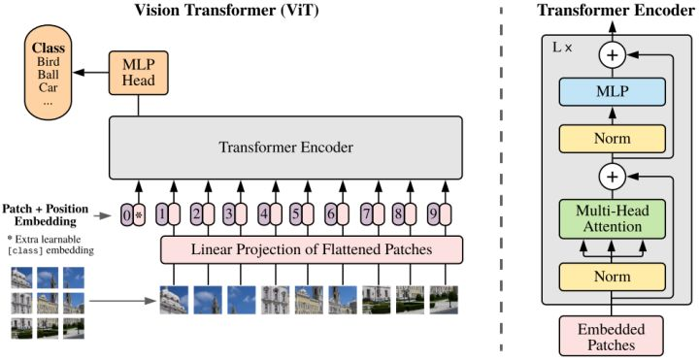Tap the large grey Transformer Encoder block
[x=285, y=148]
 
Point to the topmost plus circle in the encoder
[x=612, y=56]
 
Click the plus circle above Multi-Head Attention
[x=612, y=177]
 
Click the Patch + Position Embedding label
[x=46, y=213]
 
